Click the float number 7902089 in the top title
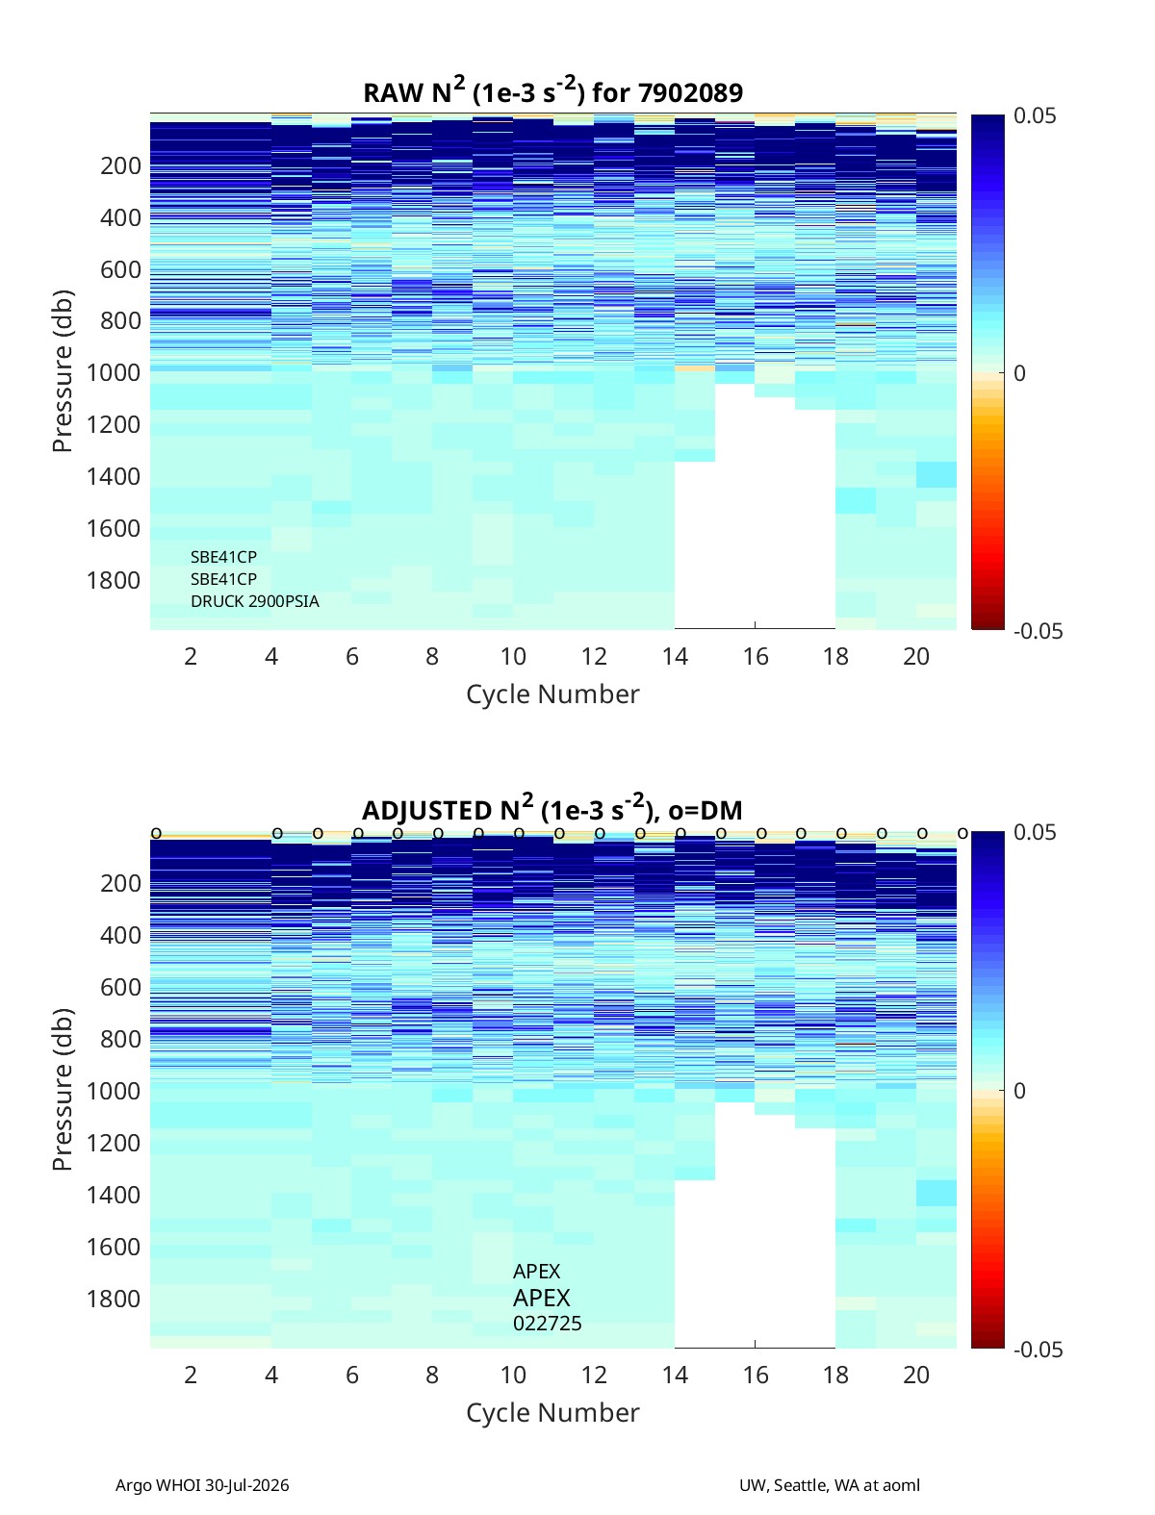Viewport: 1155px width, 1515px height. (690, 92)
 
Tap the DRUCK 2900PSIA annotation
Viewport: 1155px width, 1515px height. (255, 601)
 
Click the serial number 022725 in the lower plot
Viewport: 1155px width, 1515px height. (547, 1324)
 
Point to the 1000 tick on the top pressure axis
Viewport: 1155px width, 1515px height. (114, 372)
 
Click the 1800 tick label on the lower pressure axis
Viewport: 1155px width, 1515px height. (114, 1299)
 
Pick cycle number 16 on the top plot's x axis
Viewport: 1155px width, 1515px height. (756, 656)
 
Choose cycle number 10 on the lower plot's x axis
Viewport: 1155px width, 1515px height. (513, 1375)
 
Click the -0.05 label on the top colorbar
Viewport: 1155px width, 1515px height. (1038, 631)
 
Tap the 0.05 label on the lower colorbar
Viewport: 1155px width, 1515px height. (1034, 832)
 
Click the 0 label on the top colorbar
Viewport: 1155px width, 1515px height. (1019, 372)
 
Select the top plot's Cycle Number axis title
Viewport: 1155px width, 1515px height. (552, 694)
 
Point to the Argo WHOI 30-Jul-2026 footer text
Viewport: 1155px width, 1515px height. (202, 1484)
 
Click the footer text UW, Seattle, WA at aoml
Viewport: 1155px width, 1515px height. (829, 1484)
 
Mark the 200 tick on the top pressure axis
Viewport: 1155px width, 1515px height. (120, 165)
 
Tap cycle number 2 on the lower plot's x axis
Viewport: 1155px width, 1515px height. (191, 1375)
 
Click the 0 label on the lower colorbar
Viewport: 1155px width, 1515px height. (1019, 1091)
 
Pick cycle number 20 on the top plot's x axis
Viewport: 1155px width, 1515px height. (916, 656)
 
